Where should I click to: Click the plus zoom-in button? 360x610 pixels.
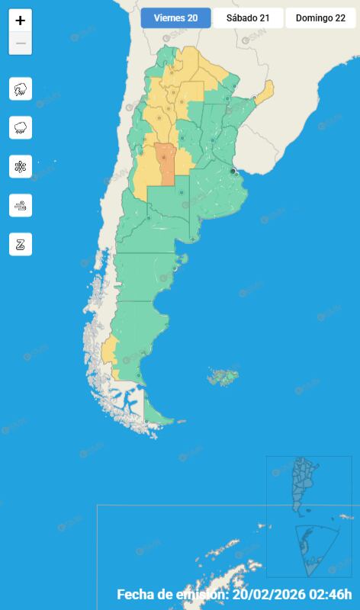21,21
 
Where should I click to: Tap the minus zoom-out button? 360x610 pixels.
21,43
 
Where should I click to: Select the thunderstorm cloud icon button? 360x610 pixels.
21,89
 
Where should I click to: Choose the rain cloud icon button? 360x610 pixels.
21,127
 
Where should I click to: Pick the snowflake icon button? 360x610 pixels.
21,166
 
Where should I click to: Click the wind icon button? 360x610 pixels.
21,205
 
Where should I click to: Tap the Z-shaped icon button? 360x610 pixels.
21,244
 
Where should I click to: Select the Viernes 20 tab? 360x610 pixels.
175,18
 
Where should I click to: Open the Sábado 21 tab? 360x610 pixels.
248,18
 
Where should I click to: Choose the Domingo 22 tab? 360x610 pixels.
320,18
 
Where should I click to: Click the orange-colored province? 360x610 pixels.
166,162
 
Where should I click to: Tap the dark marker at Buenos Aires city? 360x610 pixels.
233,171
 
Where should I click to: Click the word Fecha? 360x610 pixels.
135,595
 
